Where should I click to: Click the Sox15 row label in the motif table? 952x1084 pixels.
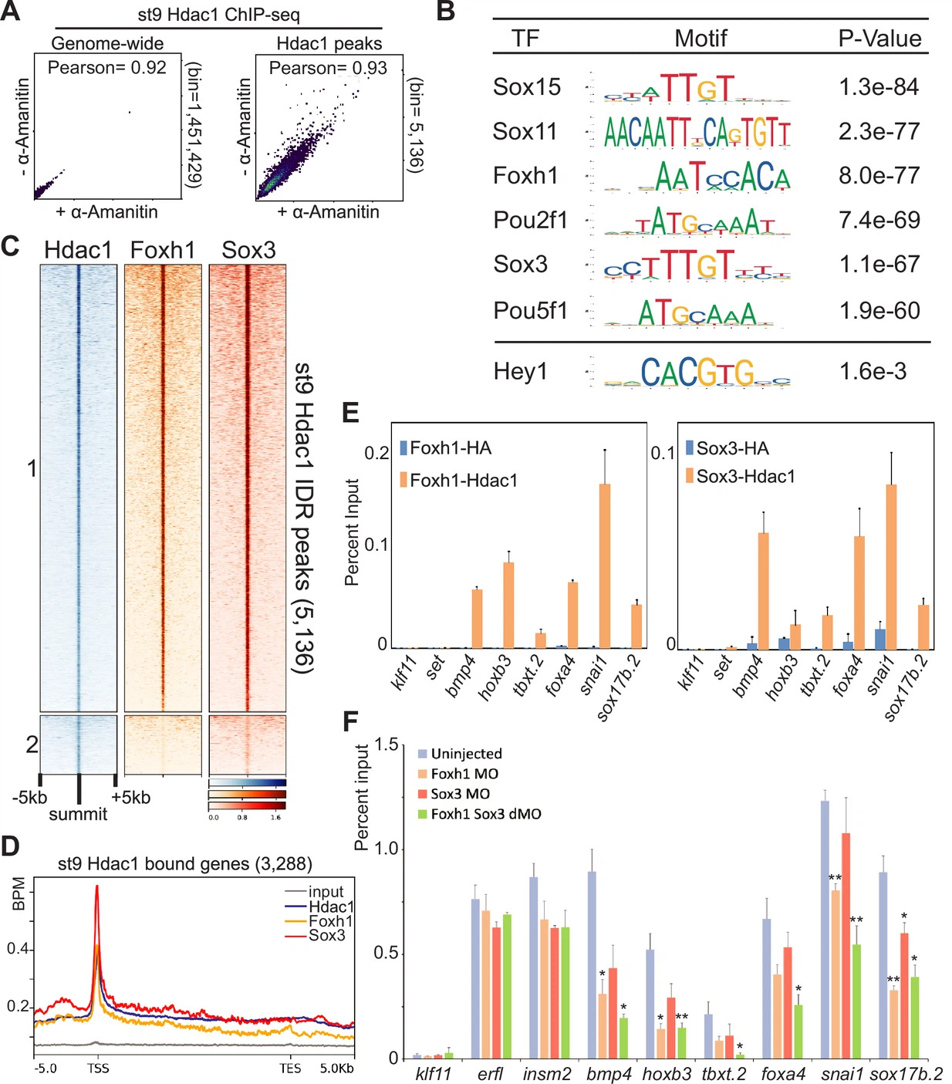527,87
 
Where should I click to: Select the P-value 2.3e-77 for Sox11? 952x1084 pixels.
879,132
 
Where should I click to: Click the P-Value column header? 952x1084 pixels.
879,39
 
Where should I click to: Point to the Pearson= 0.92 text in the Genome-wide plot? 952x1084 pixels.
106,68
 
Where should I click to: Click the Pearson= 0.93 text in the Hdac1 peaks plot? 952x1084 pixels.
328,68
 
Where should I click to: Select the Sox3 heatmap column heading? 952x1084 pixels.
248,250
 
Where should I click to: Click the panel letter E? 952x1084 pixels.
350,414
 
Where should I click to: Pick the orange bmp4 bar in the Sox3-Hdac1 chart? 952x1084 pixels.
763,590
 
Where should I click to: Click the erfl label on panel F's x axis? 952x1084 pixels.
490,1073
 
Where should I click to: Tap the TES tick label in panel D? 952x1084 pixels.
290,1069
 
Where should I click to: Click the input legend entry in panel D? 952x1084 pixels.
326,892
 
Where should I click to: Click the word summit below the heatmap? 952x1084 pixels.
78,814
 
